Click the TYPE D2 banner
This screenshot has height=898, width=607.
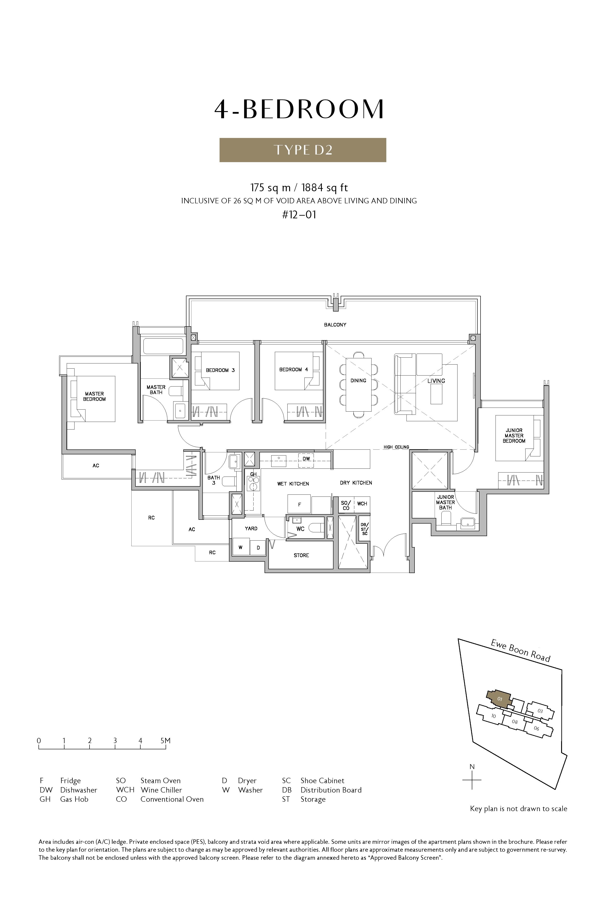coord(303,150)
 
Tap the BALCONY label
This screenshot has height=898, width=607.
coord(335,324)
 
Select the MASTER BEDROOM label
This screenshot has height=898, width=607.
coord(94,396)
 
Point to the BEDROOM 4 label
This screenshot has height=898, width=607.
coord(293,370)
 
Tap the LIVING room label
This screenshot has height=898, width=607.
coord(436,381)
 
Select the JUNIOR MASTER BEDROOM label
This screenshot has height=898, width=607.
coord(514,436)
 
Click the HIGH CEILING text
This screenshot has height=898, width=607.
coord(396,447)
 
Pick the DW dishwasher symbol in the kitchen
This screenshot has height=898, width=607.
coord(306,459)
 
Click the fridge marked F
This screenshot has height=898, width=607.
coord(299,505)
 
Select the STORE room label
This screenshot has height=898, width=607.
coord(301,555)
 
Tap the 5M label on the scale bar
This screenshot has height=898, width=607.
coord(165,741)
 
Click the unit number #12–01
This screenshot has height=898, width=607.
coord(299,215)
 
